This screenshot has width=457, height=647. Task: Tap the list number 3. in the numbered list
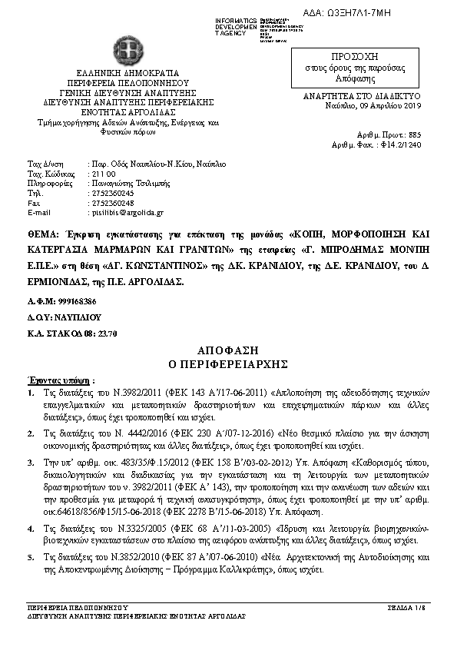pos(31,465)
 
